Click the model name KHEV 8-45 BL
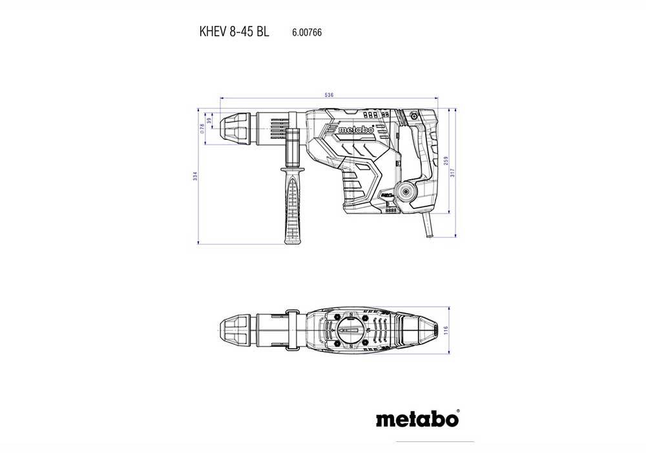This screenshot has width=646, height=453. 231,30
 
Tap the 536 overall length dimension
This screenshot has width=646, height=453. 329,95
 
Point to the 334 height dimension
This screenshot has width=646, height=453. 196,177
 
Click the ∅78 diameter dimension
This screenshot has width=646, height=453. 202,128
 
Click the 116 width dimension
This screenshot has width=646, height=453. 446,330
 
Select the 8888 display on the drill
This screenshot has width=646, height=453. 391,210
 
